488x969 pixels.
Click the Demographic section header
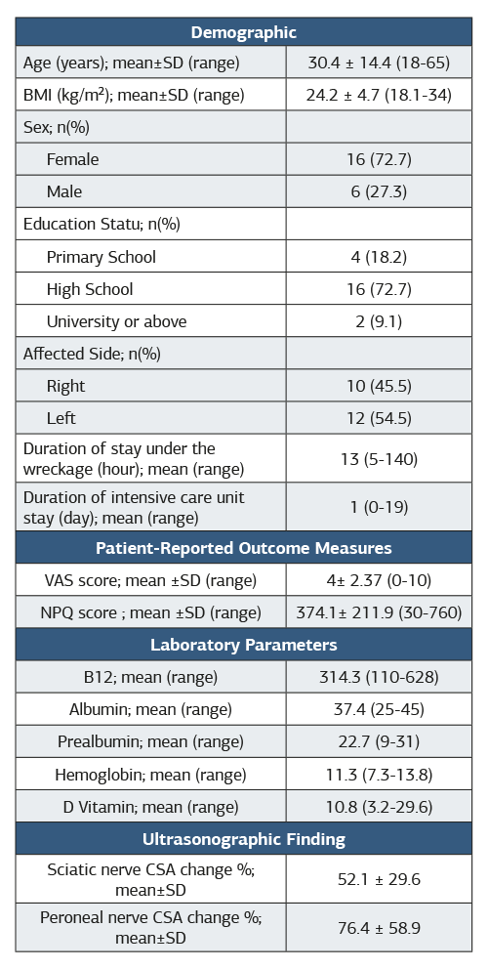point(243,32)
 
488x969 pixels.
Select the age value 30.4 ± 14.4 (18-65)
point(379,63)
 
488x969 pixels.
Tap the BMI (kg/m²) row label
point(134,95)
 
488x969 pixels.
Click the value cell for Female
point(379,159)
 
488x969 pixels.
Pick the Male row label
point(64,191)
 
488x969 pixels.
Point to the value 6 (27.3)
point(379,191)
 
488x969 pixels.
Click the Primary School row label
point(102,257)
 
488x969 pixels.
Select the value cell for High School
point(379,288)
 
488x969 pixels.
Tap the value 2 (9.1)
point(379,321)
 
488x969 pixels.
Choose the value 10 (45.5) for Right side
point(379,386)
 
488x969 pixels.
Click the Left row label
point(61,418)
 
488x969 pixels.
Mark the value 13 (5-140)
point(379,459)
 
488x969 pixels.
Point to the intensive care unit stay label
point(134,507)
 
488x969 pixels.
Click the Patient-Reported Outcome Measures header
point(243,548)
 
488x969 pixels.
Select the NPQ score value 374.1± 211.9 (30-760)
point(379,612)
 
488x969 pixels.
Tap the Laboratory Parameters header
point(243,645)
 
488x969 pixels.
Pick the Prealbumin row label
point(150,741)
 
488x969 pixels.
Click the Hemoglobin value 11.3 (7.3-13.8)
point(379,774)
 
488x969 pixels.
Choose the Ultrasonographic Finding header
point(243,839)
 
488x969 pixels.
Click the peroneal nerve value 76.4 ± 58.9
point(379,928)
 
